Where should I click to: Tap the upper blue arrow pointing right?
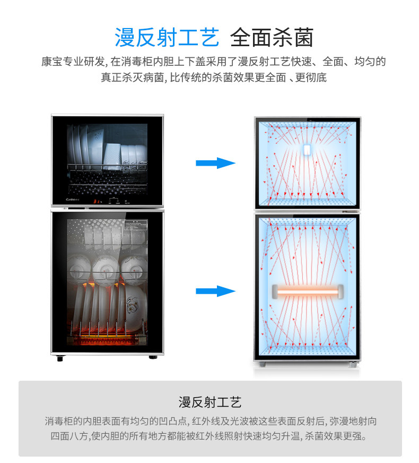tap(215, 163)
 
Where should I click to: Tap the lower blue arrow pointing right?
tap(215, 291)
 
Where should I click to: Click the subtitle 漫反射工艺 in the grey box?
tap(210, 401)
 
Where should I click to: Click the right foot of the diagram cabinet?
tap(351, 366)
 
